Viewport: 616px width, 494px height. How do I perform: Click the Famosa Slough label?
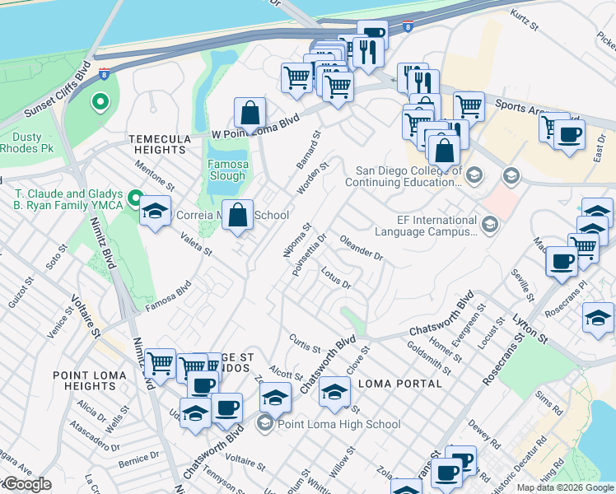[x=227, y=169]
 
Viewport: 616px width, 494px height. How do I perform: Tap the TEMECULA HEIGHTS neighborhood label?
[x=158, y=144]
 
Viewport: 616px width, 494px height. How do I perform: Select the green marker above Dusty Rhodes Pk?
[x=100, y=102]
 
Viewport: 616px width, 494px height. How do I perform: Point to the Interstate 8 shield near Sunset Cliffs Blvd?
[x=103, y=74]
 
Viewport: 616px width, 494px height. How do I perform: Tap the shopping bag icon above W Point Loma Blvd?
[x=250, y=113]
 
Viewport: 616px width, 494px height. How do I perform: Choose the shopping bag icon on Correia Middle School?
[x=238, y=216]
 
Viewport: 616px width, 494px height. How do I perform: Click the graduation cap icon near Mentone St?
[x=155, y=212]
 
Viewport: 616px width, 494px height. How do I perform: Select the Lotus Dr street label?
[x=337, y=277]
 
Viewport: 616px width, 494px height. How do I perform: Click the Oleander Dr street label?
[x=362, y=250]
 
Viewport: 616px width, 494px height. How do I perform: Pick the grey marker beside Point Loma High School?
[x=264, y=424]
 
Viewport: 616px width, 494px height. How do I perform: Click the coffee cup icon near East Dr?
[x=568, y=134]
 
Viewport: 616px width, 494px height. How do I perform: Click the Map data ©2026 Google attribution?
[x=565, y=487]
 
